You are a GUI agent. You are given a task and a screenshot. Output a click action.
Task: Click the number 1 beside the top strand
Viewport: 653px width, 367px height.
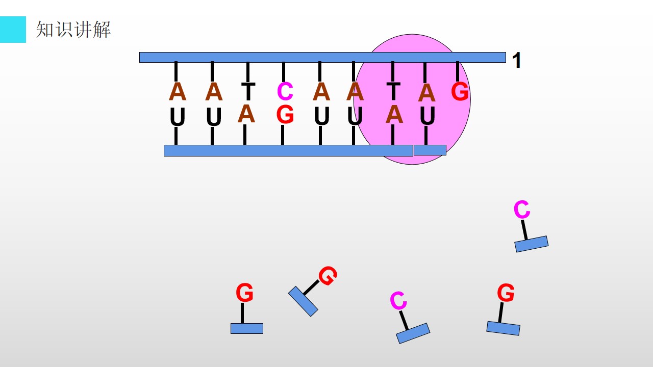(517, 60)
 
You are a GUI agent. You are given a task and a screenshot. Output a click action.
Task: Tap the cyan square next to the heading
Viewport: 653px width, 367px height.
(13, 30)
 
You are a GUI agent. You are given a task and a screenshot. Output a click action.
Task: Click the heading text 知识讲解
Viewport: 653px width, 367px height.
(73, 30)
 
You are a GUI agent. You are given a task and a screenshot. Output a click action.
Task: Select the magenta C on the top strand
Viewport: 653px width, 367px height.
(285, 91)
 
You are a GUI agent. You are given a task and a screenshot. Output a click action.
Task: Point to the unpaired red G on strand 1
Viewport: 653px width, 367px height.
(460, 91)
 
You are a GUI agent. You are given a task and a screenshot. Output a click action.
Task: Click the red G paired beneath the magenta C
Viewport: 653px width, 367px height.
(285, 115)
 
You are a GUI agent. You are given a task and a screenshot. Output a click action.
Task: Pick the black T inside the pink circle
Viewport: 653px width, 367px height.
(393, 91)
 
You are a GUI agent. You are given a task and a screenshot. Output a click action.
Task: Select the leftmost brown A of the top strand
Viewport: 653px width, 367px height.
(178, 91)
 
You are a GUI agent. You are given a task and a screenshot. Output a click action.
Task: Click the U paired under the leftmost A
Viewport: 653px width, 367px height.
(178, 117)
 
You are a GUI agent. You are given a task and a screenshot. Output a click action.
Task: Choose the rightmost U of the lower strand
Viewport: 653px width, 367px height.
(428, 116)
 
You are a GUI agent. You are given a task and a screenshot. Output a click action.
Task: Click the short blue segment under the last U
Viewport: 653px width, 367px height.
(430, 150)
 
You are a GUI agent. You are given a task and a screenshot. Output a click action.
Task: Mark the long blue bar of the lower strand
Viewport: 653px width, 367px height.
(288, 150)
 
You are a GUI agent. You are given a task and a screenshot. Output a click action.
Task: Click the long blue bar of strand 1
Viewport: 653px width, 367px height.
(322, 58)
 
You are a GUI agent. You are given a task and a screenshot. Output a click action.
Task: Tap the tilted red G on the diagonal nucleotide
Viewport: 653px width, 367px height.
(328, 276)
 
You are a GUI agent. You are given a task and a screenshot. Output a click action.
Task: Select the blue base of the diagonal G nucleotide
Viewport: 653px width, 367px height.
(303, 301)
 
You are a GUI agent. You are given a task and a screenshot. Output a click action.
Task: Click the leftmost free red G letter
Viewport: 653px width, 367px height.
(244, 292)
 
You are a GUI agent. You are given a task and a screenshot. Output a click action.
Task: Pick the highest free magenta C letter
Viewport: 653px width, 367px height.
(522, 209)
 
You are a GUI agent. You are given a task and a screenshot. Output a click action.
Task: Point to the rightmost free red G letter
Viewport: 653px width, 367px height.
(506, 292)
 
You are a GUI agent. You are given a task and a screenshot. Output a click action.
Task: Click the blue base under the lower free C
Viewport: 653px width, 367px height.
(413, 333)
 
